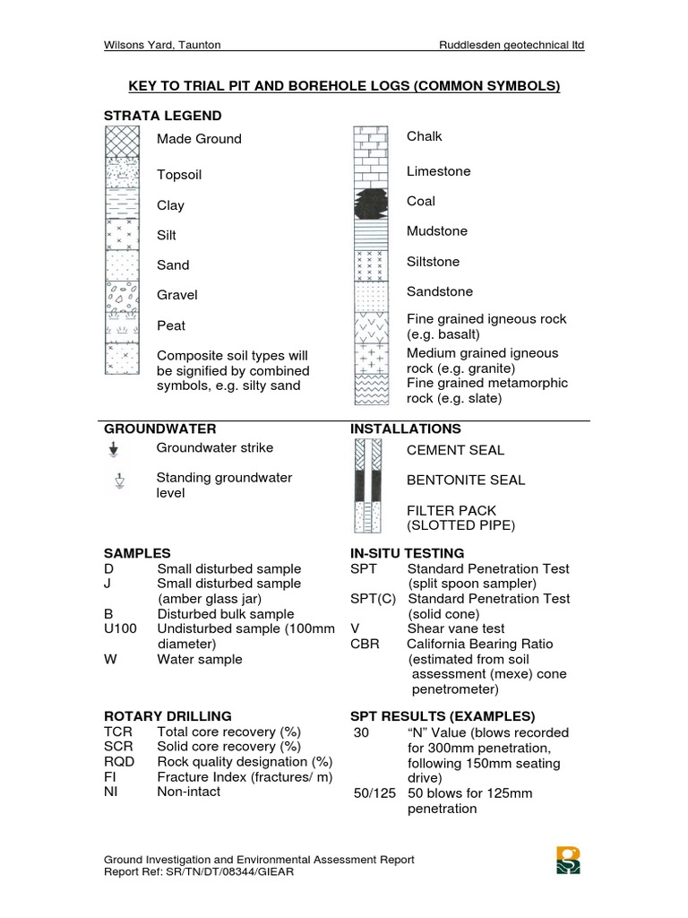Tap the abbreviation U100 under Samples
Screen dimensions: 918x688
click(121, 628)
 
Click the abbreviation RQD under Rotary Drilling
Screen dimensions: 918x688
click(119, 761)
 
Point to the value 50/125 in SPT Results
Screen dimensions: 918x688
click(374, 793)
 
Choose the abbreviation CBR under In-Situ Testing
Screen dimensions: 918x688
click(365, 644)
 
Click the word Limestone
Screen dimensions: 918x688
click(438, 171)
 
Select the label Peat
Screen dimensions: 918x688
click(171, 325)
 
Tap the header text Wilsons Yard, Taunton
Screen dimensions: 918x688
click(162, 45)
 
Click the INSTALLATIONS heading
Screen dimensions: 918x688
click(406, 429)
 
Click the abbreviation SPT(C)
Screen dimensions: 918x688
click(372, 599)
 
